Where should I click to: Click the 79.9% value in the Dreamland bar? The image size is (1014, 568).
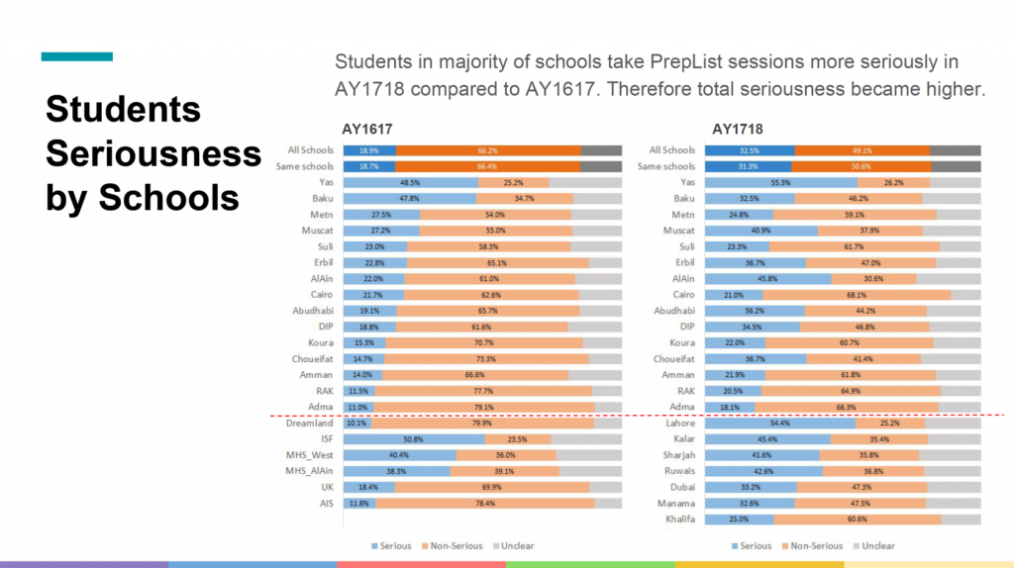pos(482,423)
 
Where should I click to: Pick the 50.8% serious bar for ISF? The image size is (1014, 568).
pos(414,438)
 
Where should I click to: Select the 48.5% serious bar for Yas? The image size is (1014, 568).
pos(410,182)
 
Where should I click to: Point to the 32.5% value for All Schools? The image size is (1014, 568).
pos(749,150)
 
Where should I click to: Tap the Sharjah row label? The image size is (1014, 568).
pos(677,455)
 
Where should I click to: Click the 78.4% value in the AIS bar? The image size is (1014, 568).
pos(484,503)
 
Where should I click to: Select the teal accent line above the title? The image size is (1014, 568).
pos(76,56)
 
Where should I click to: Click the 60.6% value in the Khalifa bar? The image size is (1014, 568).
pos(857,519)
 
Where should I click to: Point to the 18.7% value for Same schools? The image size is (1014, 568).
pos(369,166)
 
